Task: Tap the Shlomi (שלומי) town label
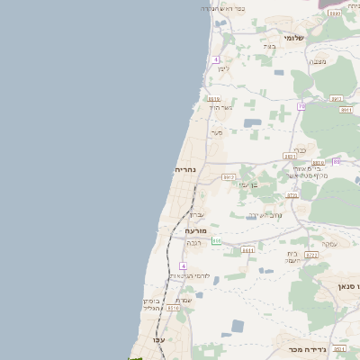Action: [294, 38]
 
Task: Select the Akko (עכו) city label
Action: [159, 339]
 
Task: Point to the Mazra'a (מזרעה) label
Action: [196, 230]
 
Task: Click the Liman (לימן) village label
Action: [223, 68]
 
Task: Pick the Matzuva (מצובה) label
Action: [318, 61]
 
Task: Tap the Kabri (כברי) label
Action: [301, 150]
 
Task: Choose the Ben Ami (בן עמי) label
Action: [247, 184]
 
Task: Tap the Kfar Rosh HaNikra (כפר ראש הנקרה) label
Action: [223, 8]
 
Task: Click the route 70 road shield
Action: [301, 106]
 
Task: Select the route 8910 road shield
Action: [213, 99]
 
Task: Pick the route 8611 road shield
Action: [247, 249]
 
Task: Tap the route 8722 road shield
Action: [311, 255]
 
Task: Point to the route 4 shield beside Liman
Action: [216, 59]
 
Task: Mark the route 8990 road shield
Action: [335, 13]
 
